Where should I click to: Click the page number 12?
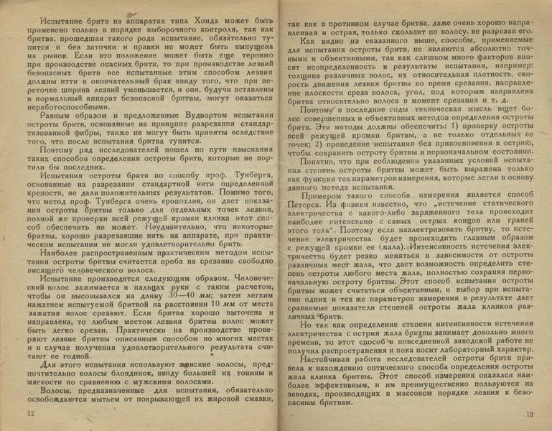[x=29, y=414]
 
